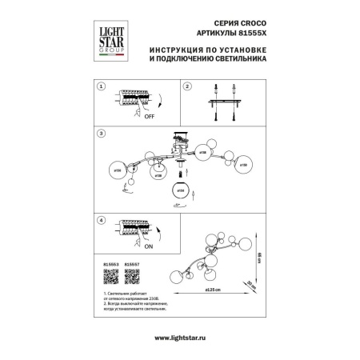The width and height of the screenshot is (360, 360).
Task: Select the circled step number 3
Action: [x=101, y=133]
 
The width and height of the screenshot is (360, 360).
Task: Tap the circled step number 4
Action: [x=101, y=219]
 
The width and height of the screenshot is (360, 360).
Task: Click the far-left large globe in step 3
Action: [x=119, y=170]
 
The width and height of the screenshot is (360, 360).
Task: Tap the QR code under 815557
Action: [x=132, y=286]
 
